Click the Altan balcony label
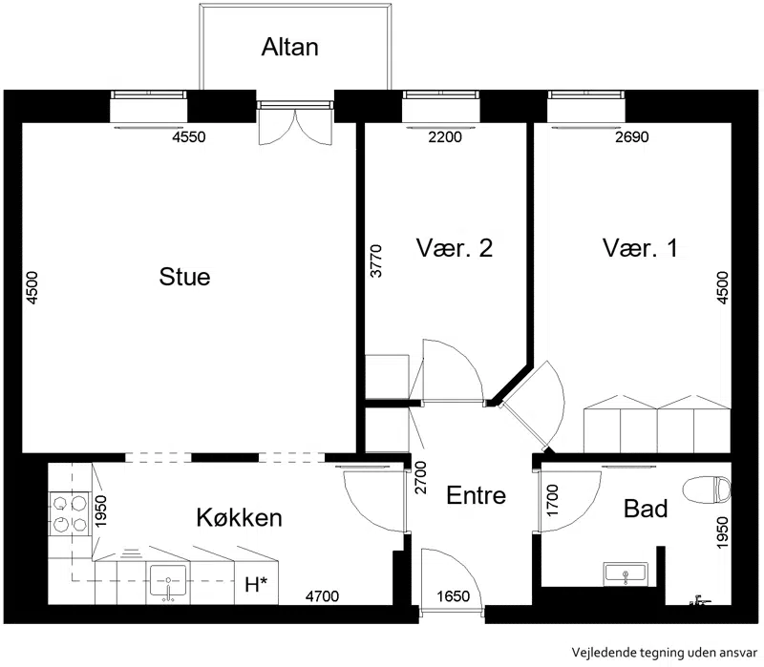click(x=290, y=47)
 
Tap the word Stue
click(x=184, y=277)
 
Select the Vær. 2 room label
click(x=455, y=247)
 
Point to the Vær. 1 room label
click(x=640, y=247)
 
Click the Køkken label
click(x=240, y=517)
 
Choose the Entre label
click(x=476, y=495)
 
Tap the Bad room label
click(x=646, y=509)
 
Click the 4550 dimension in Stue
click(x=189, y=136)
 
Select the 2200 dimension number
click(x=445, y=136)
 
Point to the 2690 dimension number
click(x=632, y=136)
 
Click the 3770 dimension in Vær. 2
click(x=376, y=261)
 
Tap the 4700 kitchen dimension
click(x=322, y=596)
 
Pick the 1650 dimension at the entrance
click(x=453, y=596)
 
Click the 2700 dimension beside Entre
click(x=420, y=478)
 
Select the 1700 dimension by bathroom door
click(x=552, y=501)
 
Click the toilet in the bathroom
click(x=707, y=490)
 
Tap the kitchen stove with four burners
click(x=70, y=513)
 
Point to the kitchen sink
click(x=168, y=581)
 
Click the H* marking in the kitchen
click(x=256, y=584)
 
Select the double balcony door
click(x=295, y=123)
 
